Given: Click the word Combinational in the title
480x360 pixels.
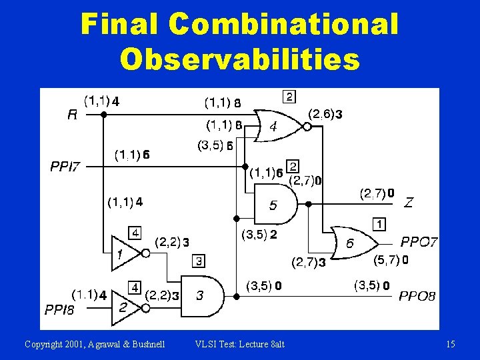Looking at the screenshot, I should pos(283,25).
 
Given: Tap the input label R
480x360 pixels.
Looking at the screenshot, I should pos(73,114).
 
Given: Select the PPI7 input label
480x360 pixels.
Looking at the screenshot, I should pos(65,166).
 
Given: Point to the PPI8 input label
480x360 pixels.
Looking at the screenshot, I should pos(59,309).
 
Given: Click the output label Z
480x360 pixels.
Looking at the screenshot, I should pos(408,203).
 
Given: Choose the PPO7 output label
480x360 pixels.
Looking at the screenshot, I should pos(419,242).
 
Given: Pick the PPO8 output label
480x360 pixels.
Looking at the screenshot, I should pos(417,295).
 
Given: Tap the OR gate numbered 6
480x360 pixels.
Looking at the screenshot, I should pos(352,243).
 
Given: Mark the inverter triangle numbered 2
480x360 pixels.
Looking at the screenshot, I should pos(124,307).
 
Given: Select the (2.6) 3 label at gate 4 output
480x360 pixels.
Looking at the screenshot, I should pos(326,115).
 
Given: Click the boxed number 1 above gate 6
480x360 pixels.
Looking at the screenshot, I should pos(378,224).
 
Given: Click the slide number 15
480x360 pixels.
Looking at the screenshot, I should pos(451,344).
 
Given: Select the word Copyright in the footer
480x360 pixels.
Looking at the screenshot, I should pos(43,344).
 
